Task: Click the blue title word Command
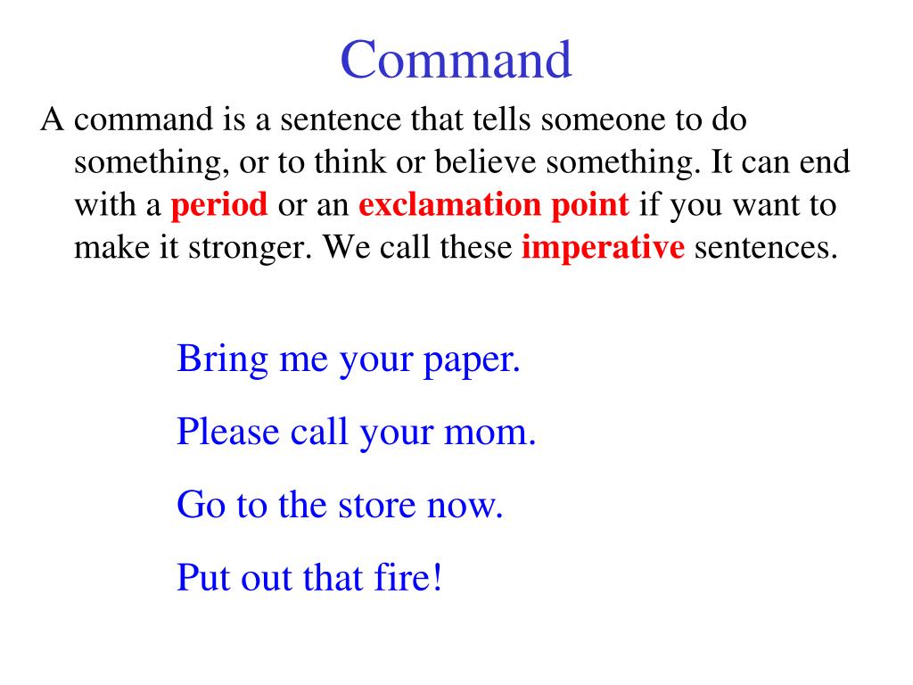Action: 456,61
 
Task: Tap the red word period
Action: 219,205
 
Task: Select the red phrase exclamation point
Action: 494,205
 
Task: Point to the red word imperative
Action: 603,247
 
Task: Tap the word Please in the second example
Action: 228,433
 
